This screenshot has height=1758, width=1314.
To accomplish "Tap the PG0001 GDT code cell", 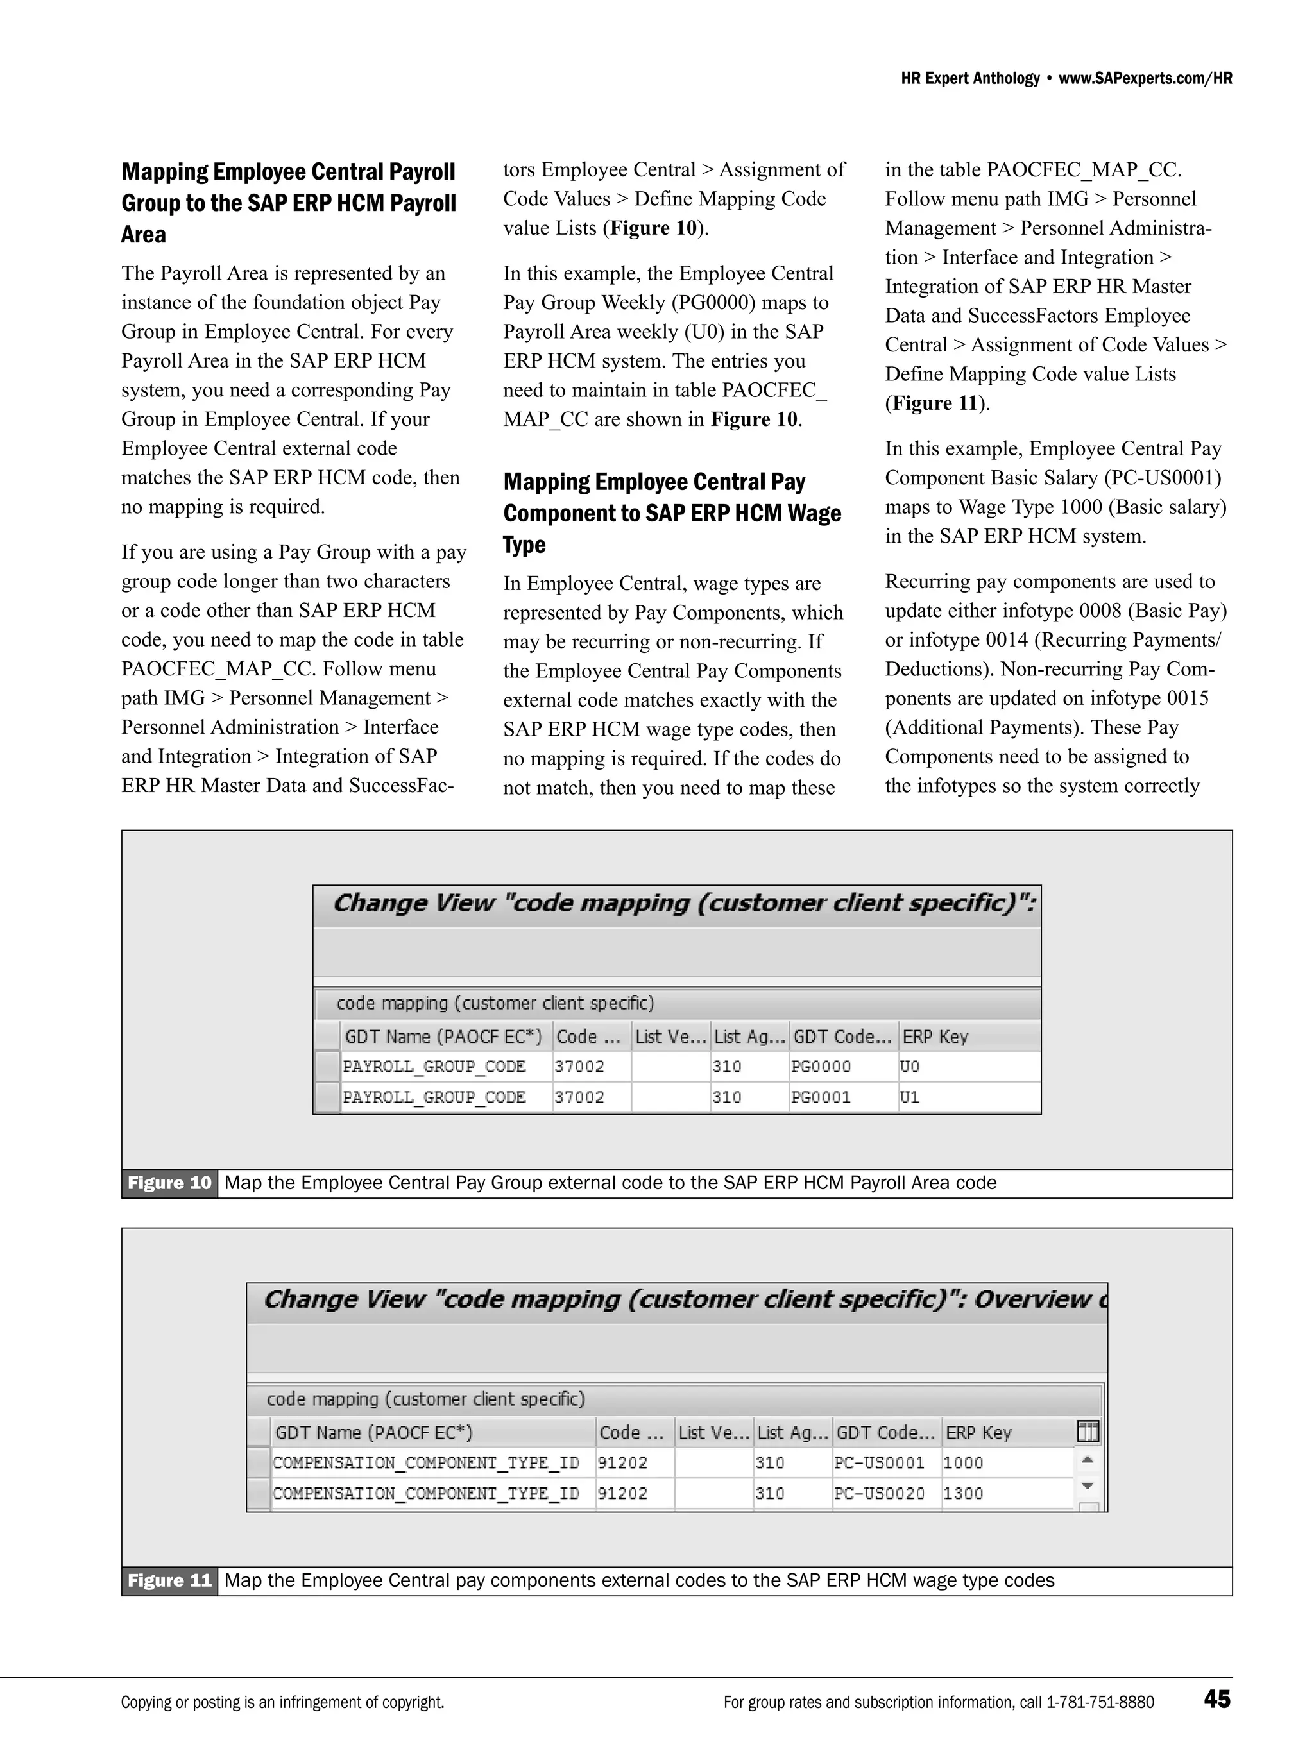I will [x=821, y=1097].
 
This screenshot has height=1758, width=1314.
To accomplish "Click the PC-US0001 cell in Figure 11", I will [x=879, y=1462].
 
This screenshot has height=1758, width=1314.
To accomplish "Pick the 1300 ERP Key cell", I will [x=964, y=1492].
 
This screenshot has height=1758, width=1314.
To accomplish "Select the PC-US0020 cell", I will [x=879, y=1492].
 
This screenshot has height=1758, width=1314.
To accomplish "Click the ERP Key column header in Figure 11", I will [x=978, y=1432].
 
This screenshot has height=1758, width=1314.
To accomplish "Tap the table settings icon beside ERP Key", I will [x=1088, y=1432].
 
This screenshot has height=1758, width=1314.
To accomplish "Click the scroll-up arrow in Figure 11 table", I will [x=1088, y=1459].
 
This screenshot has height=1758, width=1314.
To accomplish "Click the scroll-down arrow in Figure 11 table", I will [x=1088, y=1485].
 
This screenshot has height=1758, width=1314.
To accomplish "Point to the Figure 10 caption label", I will [x=169, y=1183].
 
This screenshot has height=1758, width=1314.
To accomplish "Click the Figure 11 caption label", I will [x=169, y=1580].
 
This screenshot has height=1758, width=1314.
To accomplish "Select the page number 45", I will [x=1217, y=1699].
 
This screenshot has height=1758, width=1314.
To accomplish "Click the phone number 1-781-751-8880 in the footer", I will [x=1100, y=1702].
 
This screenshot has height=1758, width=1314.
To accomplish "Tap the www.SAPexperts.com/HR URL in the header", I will [x=1145, y=78].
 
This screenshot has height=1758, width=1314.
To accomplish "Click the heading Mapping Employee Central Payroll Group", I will [x=288, y=203].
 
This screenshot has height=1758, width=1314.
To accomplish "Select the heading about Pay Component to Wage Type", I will [x=672, y=512].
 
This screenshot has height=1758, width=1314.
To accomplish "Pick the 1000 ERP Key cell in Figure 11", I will [x=964, y=1462].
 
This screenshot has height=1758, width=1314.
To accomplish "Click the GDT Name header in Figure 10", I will [x=443, y=1036].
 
